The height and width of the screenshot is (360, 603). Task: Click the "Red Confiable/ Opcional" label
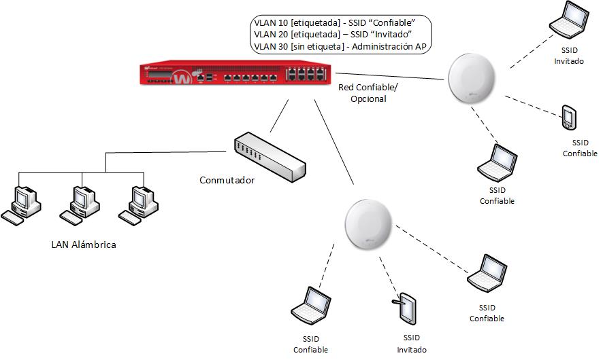click(x=368, y=92)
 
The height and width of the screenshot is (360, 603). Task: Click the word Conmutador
click(x=227, y=181)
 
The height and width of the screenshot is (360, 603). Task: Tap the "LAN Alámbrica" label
click(x=84, y=245)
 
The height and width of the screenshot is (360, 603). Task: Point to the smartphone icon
click(x=569, y=118)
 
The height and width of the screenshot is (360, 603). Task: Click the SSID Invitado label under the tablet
click(x=412, y=344)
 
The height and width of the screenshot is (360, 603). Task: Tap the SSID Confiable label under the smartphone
click(x=580, y=148)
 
